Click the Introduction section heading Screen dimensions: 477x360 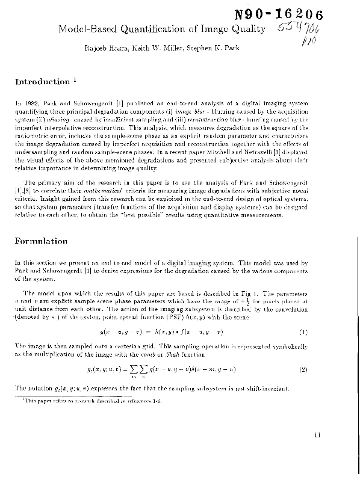(42, 82)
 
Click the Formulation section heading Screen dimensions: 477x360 (41, 241)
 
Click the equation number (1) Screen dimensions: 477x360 (303, 332)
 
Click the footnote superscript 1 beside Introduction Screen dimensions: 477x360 (74, 79)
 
